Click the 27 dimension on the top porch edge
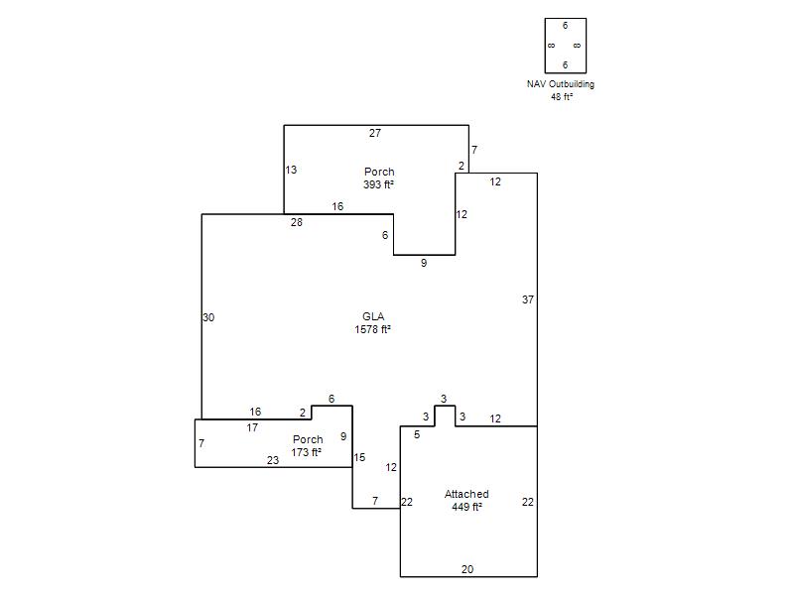click(x=375, y=133)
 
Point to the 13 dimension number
click(x=291, y=170)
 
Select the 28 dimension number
click(x=296, y=222)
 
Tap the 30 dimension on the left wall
click(x=208, y=317)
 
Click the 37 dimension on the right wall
click(x=528, y=299)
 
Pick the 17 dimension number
click(x=252, y=427)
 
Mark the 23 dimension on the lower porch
click(x=273, y=460)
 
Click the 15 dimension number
click(x=359, y=457)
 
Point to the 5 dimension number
click(x=417, y=434)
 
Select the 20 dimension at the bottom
click(x=467, y=569)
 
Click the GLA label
click(x=373, y=316)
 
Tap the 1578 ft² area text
click(x=373, y=329)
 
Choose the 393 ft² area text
click(x=378, y=184)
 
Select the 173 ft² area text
click(x=307, y=452)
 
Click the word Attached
click(x=466, y=494)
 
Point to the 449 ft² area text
click(x=466, y=507)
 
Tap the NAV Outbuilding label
click(x=561, y=84)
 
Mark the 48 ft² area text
click(x=562, y=96)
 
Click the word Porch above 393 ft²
click(x=379, y=172)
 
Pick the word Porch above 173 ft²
click(x=308, y=439)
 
